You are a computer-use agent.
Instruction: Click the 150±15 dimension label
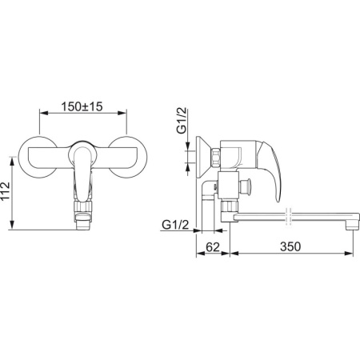82,106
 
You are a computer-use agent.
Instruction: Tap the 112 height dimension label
6,191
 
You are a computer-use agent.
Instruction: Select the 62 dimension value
213,247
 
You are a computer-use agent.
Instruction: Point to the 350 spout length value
290,246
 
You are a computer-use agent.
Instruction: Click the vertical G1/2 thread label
182,121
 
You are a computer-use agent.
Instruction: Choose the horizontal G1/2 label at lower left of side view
175,225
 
